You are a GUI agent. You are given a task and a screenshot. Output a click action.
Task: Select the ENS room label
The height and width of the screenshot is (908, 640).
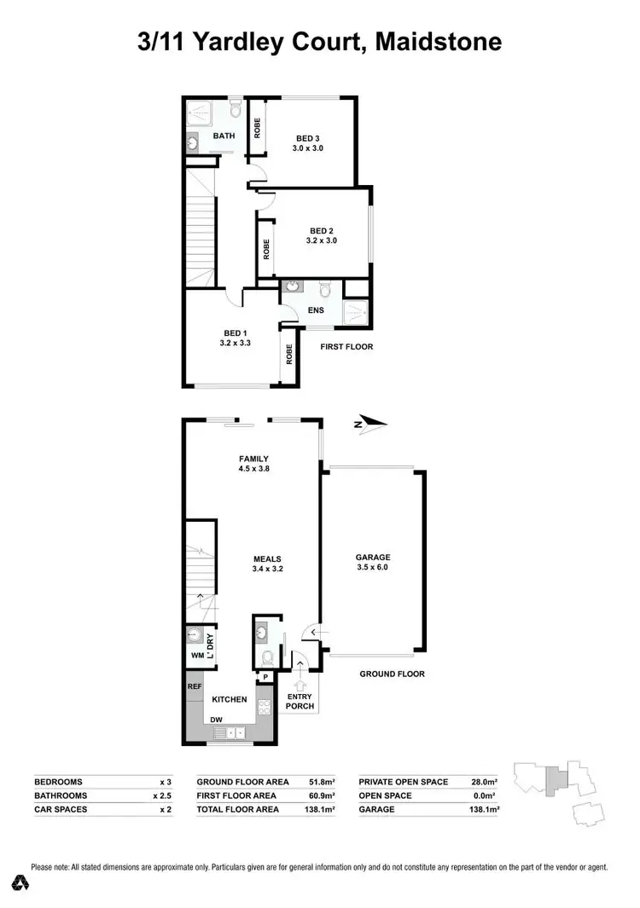[x=315, y=310]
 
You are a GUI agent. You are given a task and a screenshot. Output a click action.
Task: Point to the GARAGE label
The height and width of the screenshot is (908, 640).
[x=372, y=558]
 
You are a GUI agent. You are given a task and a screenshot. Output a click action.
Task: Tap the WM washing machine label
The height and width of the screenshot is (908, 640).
[x=195, y=656]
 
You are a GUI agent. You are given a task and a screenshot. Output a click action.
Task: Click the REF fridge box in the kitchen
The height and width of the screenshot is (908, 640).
[x=195, y=684]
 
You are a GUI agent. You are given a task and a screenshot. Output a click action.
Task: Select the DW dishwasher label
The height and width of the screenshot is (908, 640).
[x=216, y=719]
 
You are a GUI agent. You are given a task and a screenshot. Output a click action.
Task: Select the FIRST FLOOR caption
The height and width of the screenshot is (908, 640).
[x=346, y=347]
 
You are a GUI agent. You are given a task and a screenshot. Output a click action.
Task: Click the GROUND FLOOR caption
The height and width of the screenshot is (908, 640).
[x=392, y=674]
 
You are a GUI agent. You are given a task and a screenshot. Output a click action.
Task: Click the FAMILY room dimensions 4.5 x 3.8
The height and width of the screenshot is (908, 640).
[x=254, y=468]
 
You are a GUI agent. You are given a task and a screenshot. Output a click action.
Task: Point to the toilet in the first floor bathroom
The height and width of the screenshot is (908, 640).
[x=236, y=110]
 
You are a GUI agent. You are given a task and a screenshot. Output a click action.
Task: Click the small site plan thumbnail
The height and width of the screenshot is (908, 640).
[x=559, y=785]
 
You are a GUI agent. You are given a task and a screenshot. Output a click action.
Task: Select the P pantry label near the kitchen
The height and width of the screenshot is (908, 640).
[x=265, y=678]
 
